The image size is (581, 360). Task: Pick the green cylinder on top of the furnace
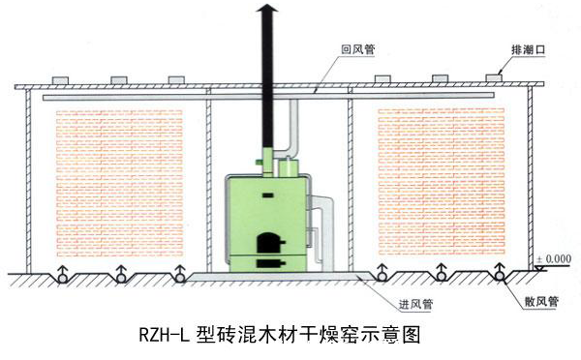[x=284, y=166]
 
